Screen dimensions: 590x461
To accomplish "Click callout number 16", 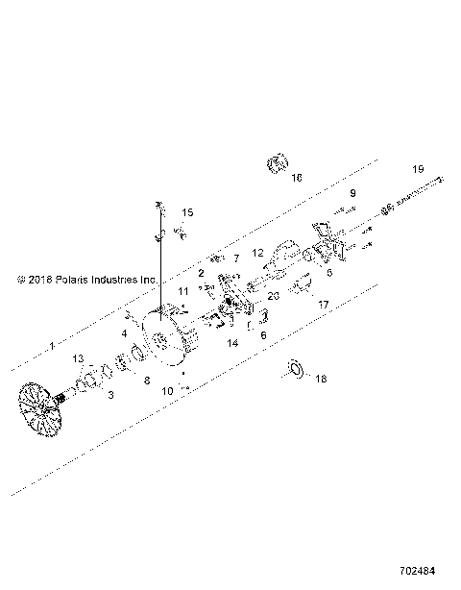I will coord(297,178).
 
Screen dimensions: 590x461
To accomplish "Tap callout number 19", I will coord(417,169).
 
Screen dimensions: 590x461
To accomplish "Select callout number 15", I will coord(188,212).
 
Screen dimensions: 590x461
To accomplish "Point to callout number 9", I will coord(352,193).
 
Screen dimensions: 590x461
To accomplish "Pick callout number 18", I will coord(321,379).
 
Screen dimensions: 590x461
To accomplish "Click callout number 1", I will coord(52,344).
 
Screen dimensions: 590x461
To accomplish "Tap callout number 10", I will coord(167,391).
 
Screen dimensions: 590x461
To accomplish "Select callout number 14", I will coord(232,342).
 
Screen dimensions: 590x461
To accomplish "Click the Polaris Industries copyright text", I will coord(86,280).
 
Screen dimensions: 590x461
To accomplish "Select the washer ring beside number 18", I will coord(295,368).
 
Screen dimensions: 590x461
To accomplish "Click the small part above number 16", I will coord(277,162).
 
